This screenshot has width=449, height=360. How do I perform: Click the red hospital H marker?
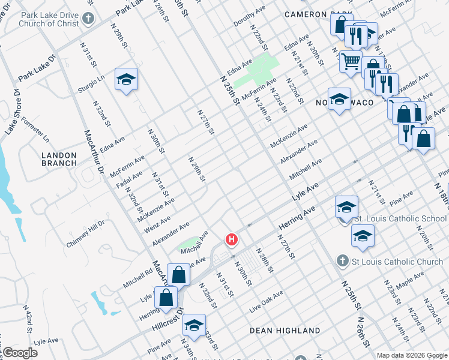231,240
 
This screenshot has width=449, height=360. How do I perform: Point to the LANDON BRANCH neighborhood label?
59,159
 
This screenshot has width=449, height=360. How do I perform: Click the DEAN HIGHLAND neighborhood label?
285,331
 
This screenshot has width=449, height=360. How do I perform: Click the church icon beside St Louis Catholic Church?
342,262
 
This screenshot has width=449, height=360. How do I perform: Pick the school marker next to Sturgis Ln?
126,79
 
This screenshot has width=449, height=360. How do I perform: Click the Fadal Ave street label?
130,179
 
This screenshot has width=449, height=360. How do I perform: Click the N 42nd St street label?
28,318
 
